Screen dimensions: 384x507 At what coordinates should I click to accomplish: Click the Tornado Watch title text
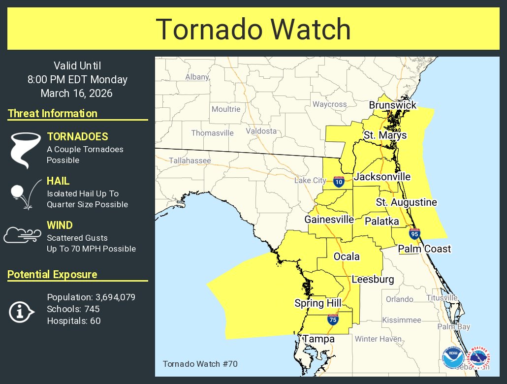253,29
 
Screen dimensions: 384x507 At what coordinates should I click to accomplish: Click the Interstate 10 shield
338,182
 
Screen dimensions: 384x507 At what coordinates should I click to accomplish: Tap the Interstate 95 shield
414,234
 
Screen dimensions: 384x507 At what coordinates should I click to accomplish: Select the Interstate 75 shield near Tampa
333,320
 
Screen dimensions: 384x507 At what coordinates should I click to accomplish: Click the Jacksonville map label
382,177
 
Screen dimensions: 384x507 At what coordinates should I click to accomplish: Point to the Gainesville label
329,219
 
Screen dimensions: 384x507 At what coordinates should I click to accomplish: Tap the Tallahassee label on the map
190,160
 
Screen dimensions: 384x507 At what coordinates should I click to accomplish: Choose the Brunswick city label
392,105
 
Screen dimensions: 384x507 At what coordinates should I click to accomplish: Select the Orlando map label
399,299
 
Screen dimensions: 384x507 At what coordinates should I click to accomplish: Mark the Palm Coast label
424,249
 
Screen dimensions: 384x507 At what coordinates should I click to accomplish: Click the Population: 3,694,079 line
91,297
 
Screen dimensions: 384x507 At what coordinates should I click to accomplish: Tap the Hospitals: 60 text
67,320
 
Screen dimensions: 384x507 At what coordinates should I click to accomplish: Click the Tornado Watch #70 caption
193,364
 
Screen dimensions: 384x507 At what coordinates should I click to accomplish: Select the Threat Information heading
53,113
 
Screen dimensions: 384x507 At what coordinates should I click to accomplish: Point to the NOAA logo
452,358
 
